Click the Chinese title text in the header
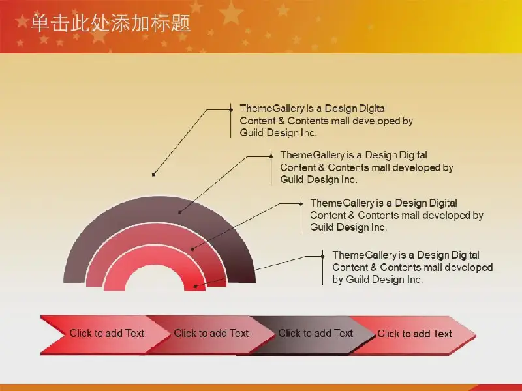(110, 23)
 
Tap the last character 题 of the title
(181, 23)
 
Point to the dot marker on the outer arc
(180, 212)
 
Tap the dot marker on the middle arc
(192, 249)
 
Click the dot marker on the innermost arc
(195, 286)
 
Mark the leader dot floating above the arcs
(153, 175)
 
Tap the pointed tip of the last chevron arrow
(476, 335)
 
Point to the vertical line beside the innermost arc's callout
(322, 267)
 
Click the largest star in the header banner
(231, 13)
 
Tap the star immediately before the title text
(22, 21)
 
